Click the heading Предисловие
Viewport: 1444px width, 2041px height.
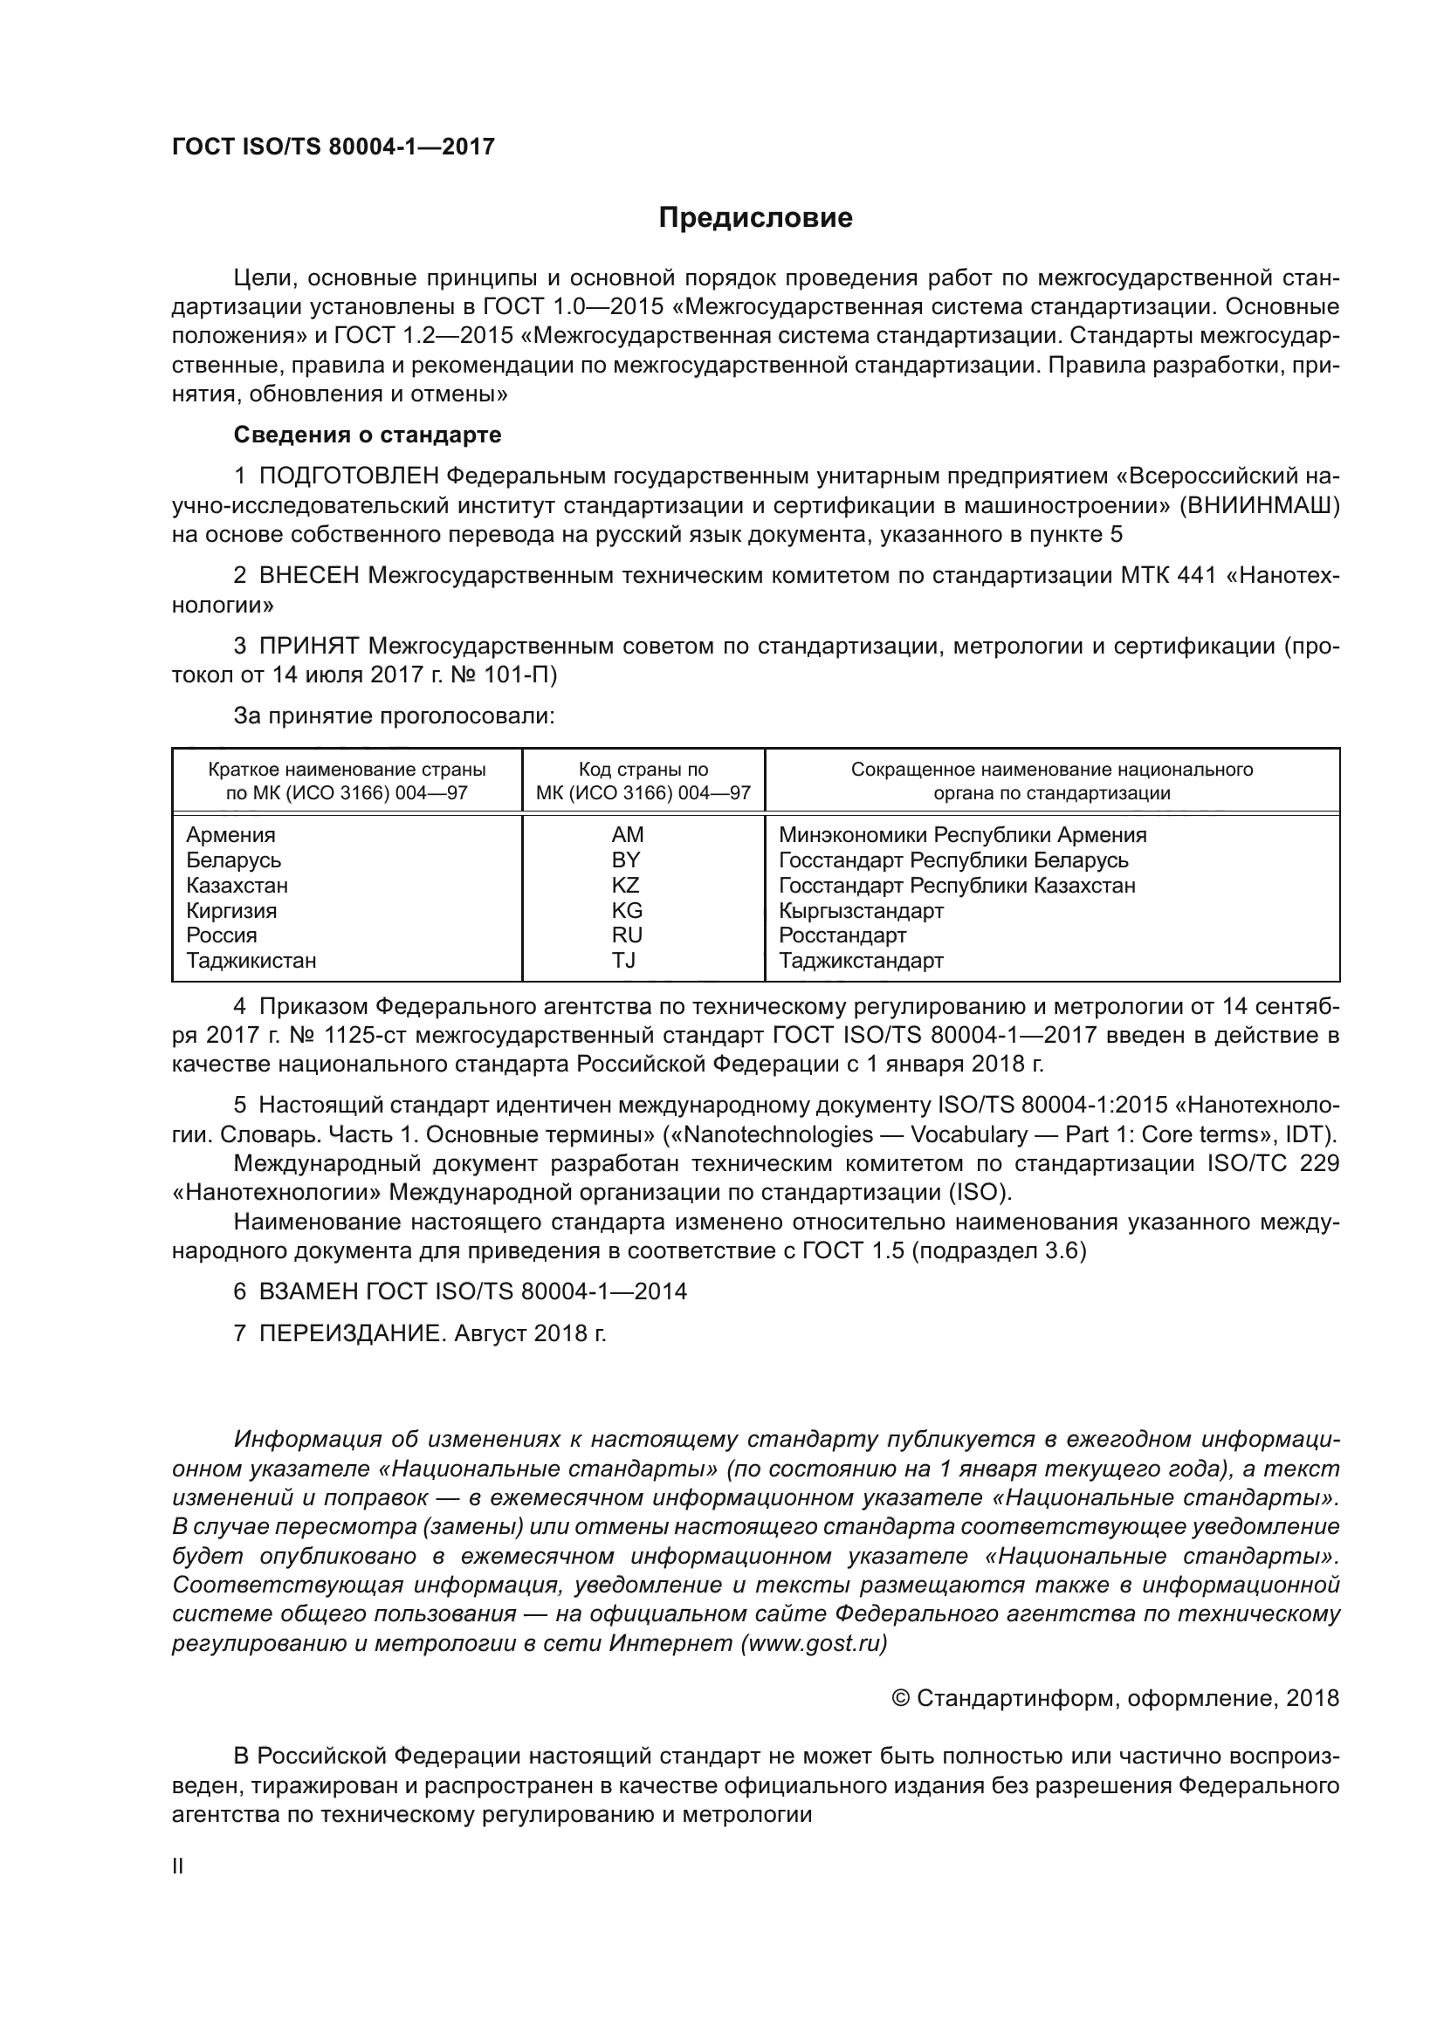[755, 218]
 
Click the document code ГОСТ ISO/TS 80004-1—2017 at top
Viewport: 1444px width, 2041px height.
[333, 147]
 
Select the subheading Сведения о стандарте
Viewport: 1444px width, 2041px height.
[368, 435]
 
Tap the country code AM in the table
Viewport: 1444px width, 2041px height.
[627, 835]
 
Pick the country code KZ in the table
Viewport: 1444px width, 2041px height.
[625, 886]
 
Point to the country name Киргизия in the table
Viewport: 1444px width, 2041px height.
[231, 910]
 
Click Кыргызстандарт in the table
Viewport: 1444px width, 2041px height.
[861, 910]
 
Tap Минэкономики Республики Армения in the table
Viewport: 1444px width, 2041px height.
[962, 835]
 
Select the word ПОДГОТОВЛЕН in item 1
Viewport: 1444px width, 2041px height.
[348, 476]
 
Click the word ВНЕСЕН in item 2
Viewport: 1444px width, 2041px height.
[308, 576]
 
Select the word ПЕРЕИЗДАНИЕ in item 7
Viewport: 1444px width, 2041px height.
[349, 1333]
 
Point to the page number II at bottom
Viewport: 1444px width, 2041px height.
[178, 1866]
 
